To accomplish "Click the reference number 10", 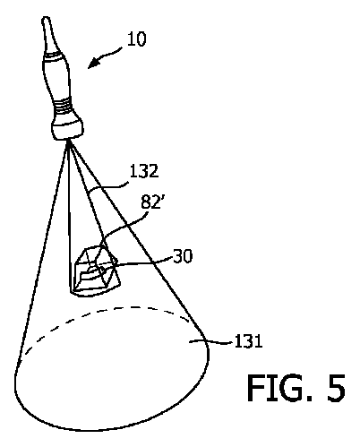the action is point(137,39).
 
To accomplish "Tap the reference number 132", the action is point(144,171).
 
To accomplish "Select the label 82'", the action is point(151,202).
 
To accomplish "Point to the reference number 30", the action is point(183,256).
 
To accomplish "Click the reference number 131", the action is point(249,341).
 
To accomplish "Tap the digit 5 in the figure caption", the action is point(336,388).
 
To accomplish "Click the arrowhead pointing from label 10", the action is point(93,63).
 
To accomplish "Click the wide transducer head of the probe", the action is point(68,128).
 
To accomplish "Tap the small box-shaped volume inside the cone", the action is point(96,271).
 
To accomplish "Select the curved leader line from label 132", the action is point(108,187).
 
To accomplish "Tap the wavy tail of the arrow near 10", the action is point(110,53).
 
